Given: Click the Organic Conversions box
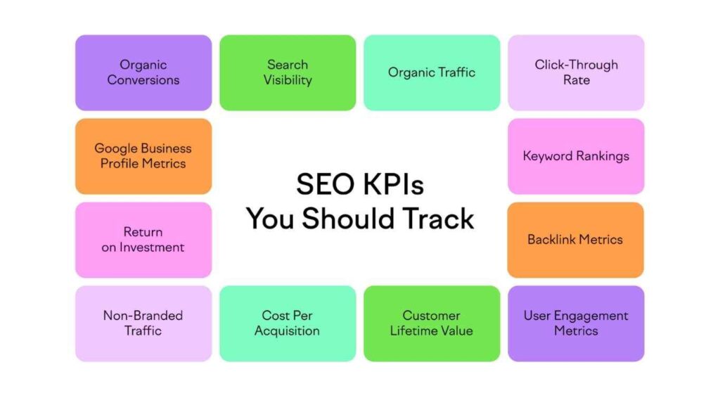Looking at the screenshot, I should click(143, 72).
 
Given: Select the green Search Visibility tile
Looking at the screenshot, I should click(288, 72).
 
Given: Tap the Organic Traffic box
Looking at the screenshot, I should click(432, 72).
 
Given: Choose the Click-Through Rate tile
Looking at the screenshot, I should click(576, 72).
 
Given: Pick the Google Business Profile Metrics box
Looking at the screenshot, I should click(143, 156).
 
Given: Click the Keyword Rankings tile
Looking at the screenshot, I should click(576, 156).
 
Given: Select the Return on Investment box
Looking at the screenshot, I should click(143, 240).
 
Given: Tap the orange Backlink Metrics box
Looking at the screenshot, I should click(576, 240).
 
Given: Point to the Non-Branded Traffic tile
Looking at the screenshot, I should click(143, 323).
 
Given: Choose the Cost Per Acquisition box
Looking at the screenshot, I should click(288, 323).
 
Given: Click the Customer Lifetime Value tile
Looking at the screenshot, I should click(432, 323).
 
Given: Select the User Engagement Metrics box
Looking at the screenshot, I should click(576, 323).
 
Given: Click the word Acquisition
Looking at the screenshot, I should click(288, 331).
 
